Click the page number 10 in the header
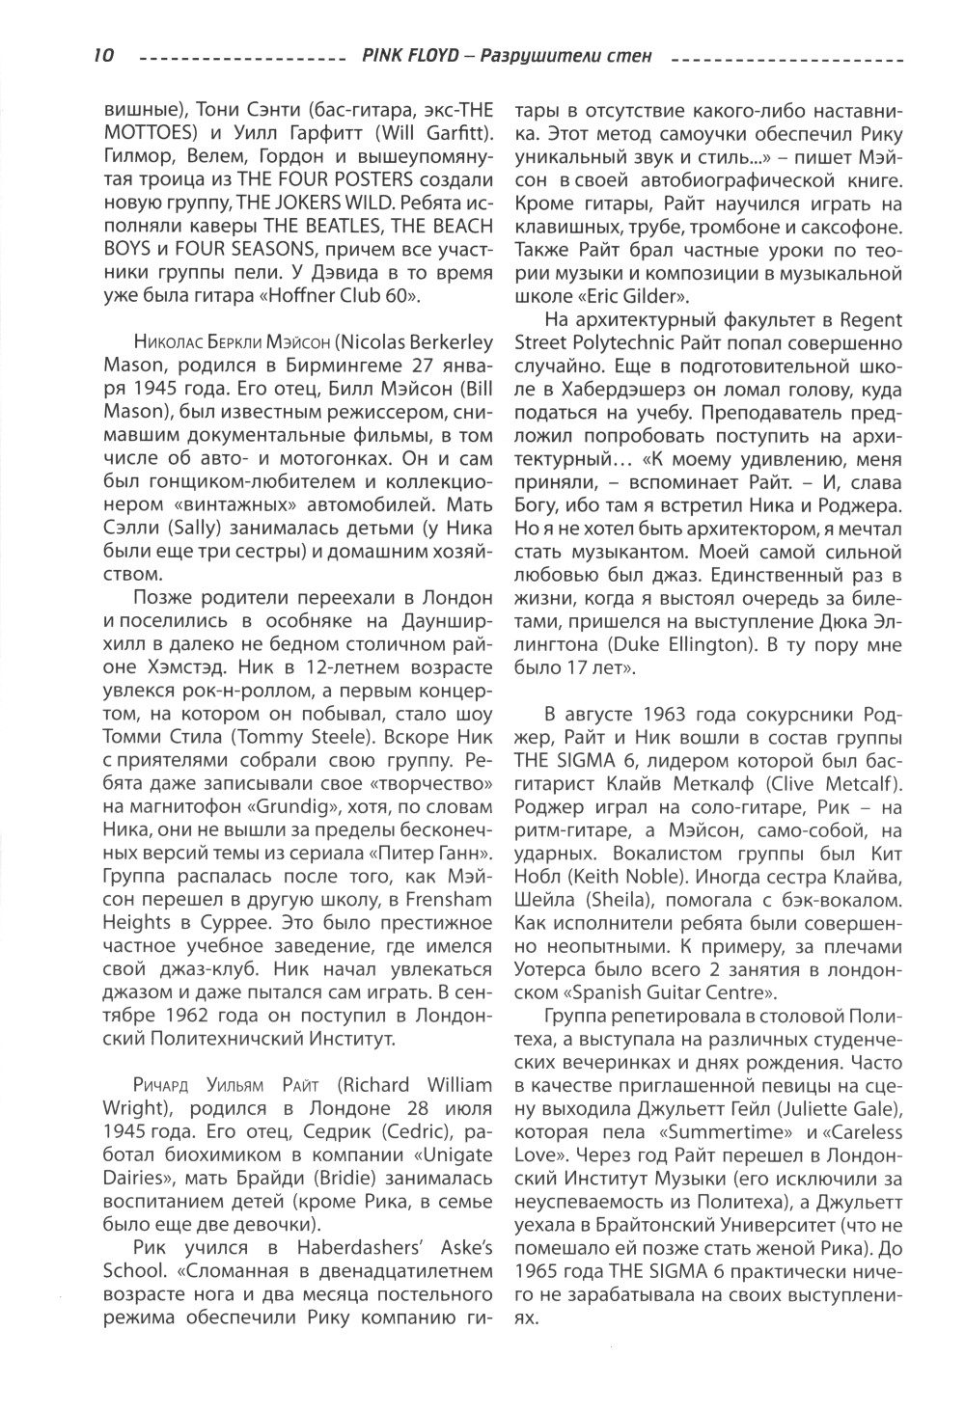coord(104,56)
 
